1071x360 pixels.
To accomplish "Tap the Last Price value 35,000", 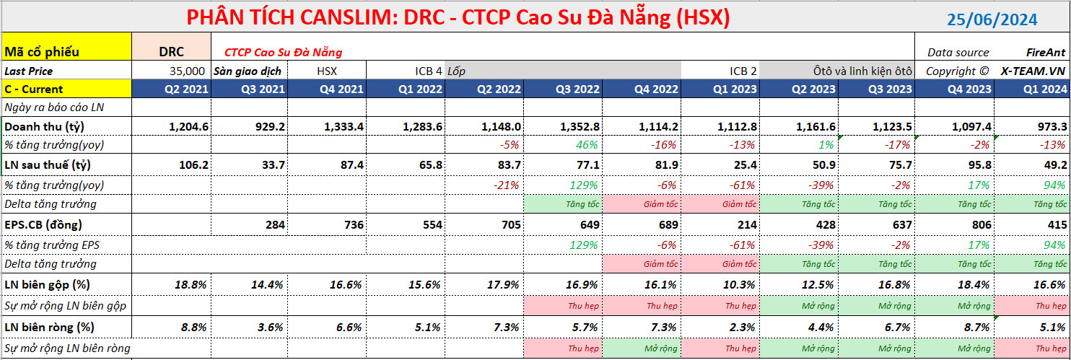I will [x=187, y=71].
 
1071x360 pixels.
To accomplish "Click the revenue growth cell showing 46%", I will [x=587, y=144].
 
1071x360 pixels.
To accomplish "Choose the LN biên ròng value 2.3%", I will [x=743, y=328].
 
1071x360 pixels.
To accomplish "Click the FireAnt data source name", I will [x=1046, y=52].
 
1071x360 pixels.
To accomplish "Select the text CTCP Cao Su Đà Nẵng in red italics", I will [x=283, y=52].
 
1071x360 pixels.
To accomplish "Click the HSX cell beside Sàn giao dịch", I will [x=327, y=71].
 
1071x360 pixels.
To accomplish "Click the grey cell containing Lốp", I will [x=563, y=71].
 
